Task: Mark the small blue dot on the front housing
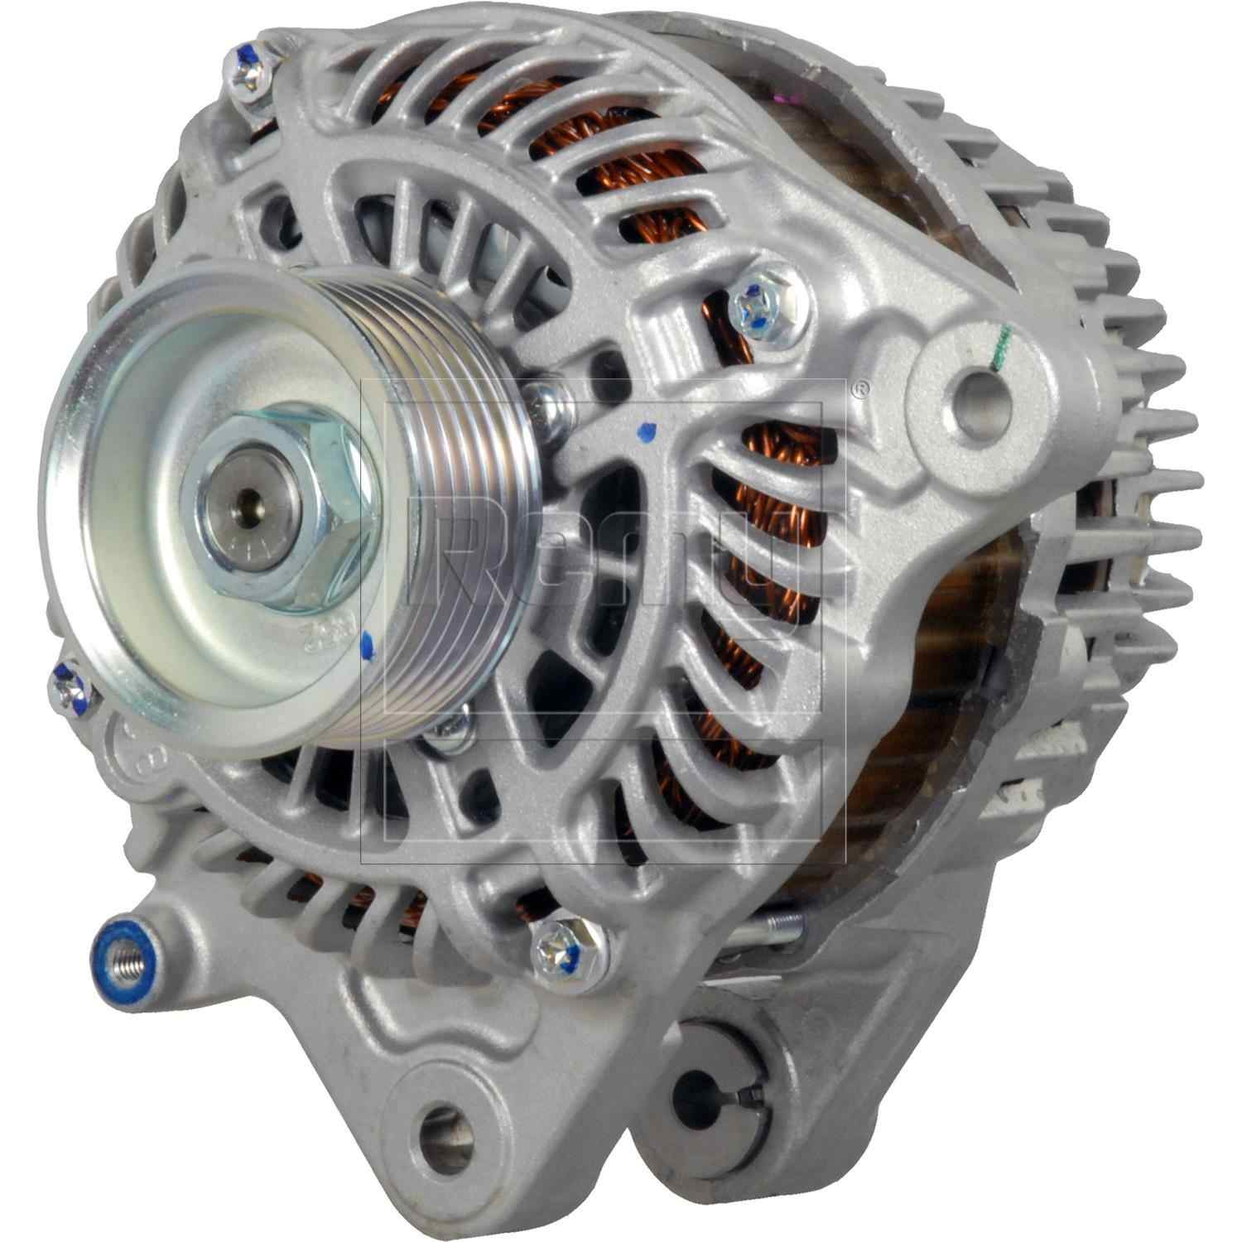(647, 431)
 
